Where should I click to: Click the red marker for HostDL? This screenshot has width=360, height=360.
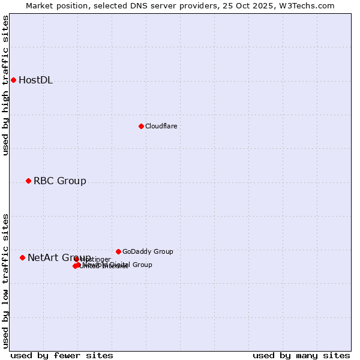click(x=13, y=80)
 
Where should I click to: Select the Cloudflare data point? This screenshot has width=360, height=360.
click(x=141, y=126)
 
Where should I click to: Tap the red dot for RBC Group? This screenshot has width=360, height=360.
click(x=28, y=181)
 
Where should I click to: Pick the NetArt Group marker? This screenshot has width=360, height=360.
click(x=22, y=257)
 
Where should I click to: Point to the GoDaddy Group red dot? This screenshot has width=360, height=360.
click(x=118, y=251)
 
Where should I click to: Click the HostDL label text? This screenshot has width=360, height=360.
click(x=35, y=80)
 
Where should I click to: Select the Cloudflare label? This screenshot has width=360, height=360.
click(x=161, y=126)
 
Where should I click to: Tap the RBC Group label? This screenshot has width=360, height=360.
click(x=59, y=181)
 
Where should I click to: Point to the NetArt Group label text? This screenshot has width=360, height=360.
click(x=59, y=258)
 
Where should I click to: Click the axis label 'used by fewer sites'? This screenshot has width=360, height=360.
click(x=62, y=355)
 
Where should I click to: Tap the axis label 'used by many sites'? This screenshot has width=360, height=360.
click(x=301, y=355)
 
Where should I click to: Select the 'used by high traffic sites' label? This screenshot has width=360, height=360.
click(x=6, y=85)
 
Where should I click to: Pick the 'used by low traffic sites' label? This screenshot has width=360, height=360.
click(x=6, y=280)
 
